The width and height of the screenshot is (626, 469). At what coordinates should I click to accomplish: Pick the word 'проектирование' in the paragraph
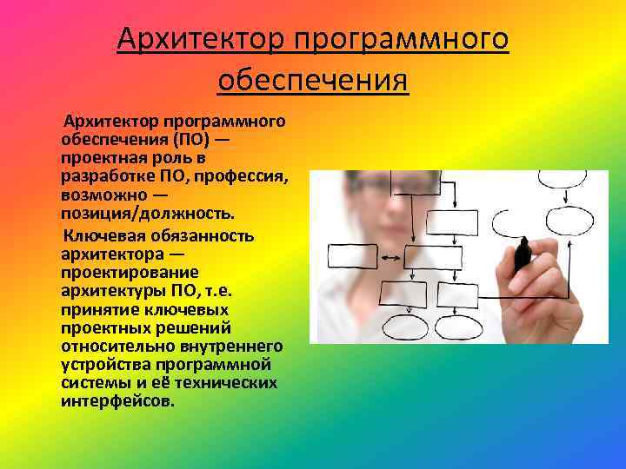[121, 273]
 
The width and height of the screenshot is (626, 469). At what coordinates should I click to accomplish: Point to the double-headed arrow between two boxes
[391, 256]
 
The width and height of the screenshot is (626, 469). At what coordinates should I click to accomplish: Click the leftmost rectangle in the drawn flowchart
[352, 256]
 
